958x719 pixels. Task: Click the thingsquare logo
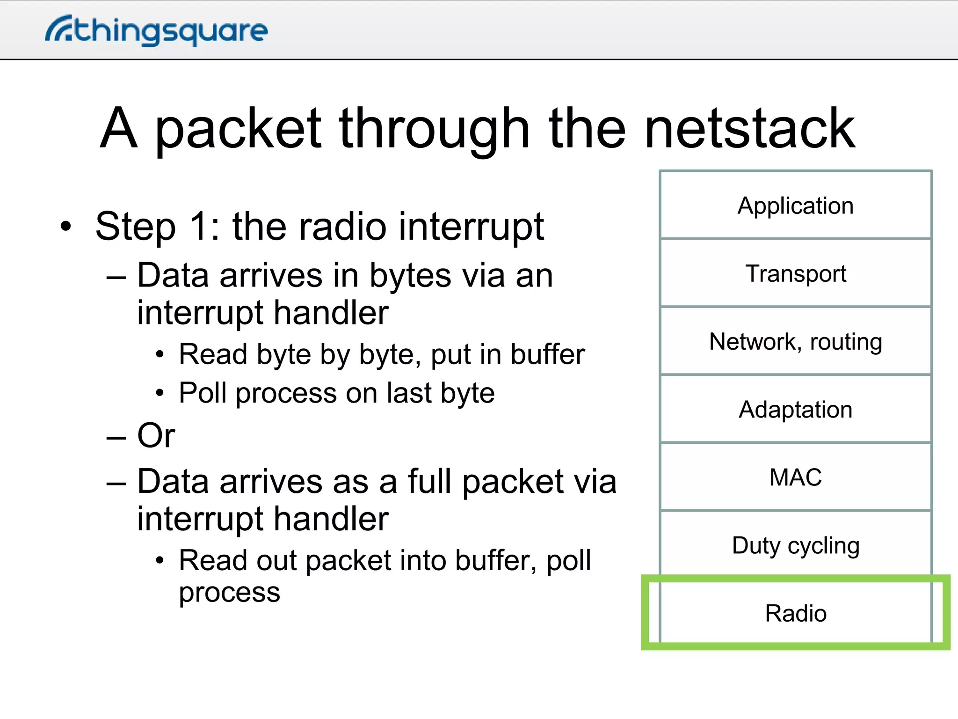[x=156, y=30]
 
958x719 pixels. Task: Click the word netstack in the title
[x=749, y=128]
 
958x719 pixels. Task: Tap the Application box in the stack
[x=795, y=205]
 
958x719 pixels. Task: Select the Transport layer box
[x=795, y=273]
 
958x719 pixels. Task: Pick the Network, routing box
[x=795, y=341]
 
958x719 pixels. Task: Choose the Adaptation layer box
[x=795, y=409]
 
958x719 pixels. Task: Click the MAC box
[x=795, y=477]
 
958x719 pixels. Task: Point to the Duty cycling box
[x=795, y=545]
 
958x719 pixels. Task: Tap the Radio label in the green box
[x=795, y=613]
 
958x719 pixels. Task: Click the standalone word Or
[x=156, y=435]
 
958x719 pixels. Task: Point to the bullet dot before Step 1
[x=66, y=227]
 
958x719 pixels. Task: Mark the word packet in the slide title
[x=238, y=129]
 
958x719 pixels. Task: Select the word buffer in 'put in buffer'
[x=548, y=354]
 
